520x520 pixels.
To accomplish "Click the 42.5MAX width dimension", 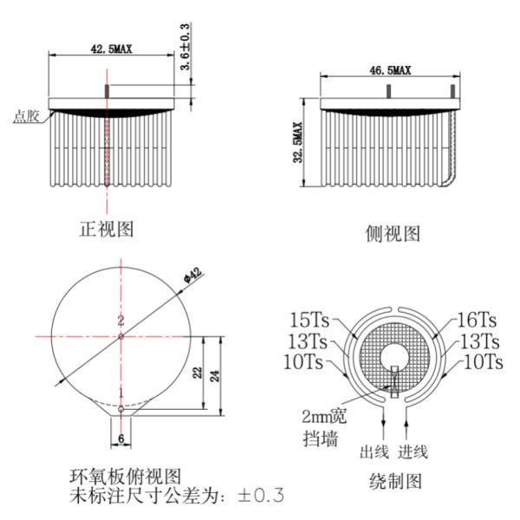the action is pos(111,49).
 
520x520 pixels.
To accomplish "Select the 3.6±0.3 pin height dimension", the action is pos(185,47).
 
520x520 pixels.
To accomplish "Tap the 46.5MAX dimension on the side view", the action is pos(390,70).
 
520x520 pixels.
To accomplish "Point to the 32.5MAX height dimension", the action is pos(298,142).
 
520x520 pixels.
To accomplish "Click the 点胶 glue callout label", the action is pos(26,116).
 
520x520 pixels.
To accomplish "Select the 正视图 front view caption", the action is pos(107,229).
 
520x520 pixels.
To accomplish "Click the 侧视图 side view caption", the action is pos(393,233).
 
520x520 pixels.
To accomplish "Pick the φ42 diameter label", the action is pos(192,276).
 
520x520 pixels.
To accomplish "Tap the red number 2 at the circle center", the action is pos(120,321).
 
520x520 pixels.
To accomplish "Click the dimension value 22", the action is pos(198,373).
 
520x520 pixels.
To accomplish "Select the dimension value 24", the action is pos(215,376).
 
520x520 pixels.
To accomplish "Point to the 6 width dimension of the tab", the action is pos(121,439).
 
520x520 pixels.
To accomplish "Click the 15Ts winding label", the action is pos(309,320).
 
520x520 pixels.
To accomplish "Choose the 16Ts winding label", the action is pos(477,320).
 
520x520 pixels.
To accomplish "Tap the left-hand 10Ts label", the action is pos(303,361).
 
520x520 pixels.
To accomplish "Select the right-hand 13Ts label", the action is pos(480,341).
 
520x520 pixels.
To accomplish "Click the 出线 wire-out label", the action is pos(374,452).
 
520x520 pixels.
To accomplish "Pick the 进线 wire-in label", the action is pos(413,452).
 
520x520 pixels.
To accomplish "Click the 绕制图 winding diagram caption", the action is pos(395,481).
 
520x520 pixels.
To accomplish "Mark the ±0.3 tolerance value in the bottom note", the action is pos(261,495).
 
